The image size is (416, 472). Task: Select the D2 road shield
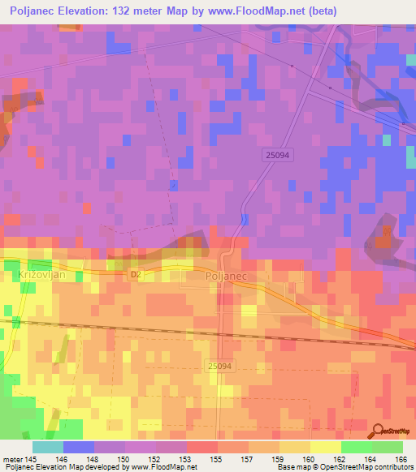(x=136, y=275)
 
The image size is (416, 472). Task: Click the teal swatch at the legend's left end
(x=47, y=447)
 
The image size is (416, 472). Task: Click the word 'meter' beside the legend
(x=11, y=459)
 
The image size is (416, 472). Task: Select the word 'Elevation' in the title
(x=80, y=11)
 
